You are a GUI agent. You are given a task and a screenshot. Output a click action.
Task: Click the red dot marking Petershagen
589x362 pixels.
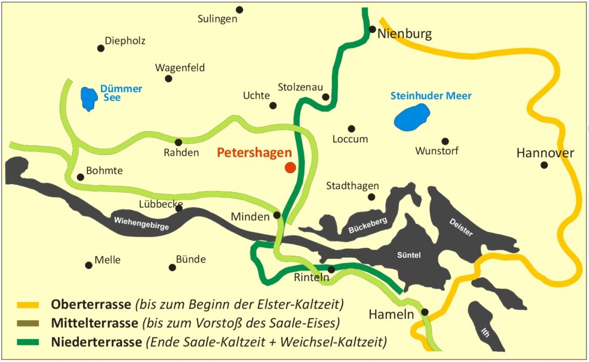coord(290,167)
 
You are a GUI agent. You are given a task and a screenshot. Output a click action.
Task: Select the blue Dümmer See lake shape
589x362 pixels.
coord(89,98)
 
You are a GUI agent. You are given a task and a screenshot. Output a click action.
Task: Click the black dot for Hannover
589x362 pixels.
coord(544,165)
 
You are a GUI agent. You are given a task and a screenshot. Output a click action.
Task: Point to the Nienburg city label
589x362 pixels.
coord(404,35)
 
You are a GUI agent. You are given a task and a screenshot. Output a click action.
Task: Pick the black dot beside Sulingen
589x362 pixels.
coord(239,10)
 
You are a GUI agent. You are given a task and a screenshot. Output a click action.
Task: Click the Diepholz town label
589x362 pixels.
coord(125,41)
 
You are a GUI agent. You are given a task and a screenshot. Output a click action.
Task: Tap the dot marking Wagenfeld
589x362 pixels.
coord(169,79)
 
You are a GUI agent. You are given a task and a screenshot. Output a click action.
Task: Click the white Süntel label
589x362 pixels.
coord(409,255)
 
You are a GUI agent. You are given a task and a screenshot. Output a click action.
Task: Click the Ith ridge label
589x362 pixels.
coord(487,332)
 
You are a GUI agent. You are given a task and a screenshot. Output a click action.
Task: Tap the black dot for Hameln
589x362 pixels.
coord(424,312)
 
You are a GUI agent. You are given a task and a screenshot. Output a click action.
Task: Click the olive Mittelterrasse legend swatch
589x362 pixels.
coord(28,323)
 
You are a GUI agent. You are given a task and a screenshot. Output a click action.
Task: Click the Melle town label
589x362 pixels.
coord(108,260)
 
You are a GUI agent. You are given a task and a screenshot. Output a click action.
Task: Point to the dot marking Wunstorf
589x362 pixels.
coord(445,141)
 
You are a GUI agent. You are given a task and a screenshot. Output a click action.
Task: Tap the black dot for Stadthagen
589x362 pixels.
coord(371,197)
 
